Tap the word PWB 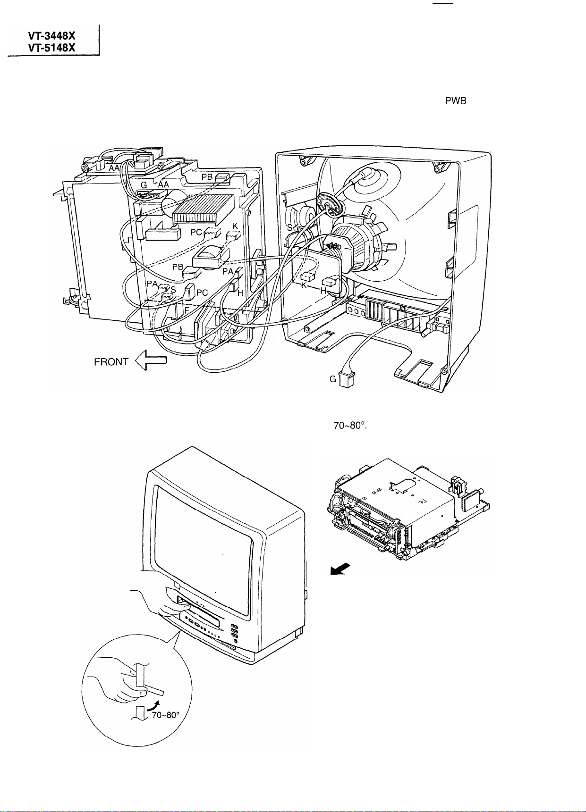tap(455, 102)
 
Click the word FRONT tap(111, 362)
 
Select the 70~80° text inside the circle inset tap(165, 715)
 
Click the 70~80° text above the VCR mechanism tap(350, 425)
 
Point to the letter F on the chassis tap(187, 310)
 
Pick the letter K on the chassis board tap(235, 226)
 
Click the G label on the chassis tap(144, 185)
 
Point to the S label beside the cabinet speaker tap(289, 227)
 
